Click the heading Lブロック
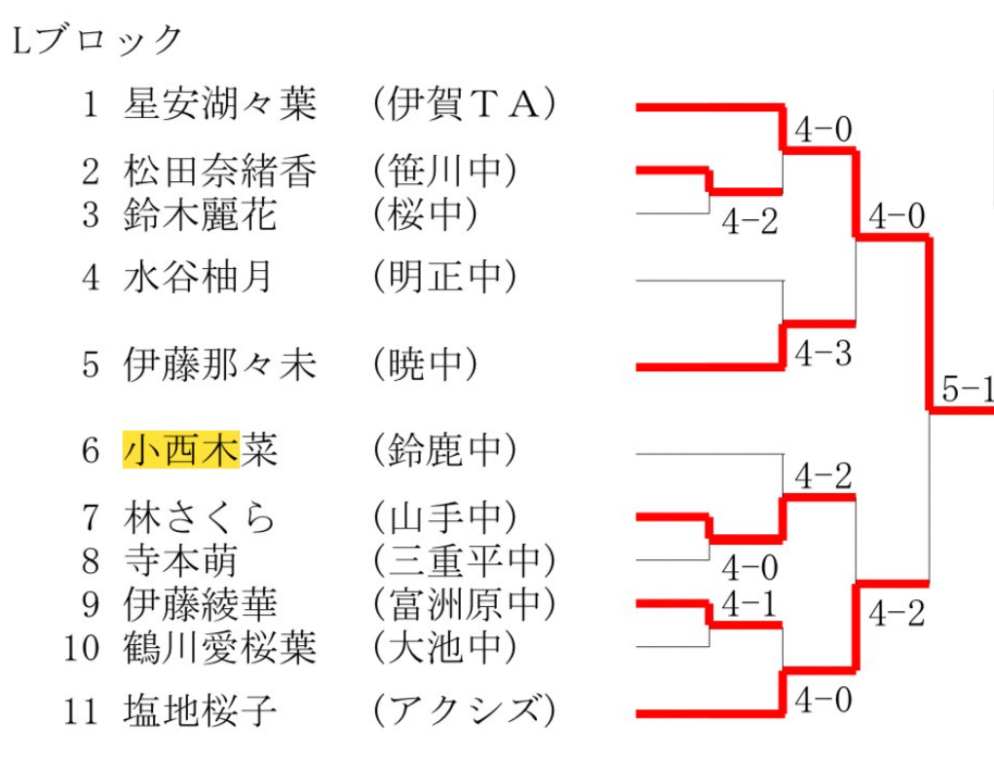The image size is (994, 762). pyautogui.click(x=97, y=40)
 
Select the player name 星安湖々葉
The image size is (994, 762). pyautogui.click(x=220, y=103)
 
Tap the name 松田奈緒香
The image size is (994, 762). pyautogui.click(x=220, y=171)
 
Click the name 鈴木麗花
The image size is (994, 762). pyautogui.click(x=201, y=213)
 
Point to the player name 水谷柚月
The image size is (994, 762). pyautogui.click(x=198, y=277)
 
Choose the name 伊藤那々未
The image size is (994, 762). pyautogui.click(x=220, y=364)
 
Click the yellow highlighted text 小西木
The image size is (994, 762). pyautogui.click(x=181, y=450)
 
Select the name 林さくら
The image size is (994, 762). pyautogui.click(x=200, y=517)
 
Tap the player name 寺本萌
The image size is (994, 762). pyautogui.click(x=180, y=560)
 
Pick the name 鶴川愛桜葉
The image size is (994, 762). pyautogui.click(x=220, y=647)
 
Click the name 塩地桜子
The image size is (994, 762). pyautogui.click(x=201, y=710)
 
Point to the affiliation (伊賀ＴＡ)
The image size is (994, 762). pyautogui.click(x=465, y=103)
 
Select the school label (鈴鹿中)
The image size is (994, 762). pyautogui.click(x=445, y=450)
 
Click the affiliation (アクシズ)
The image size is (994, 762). pyautogui.click(x=465, y=710)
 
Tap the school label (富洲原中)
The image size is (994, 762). pyautogui.click(x=465, y=604)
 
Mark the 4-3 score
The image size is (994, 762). pyautogui.click(x=822, y=353)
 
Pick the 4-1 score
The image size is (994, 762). pyautogui.click(x=749, y=603)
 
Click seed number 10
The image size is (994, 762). pyautogui.click(x=82, y=648)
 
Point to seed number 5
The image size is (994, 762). pyautogui.click(x=91, y=365)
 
